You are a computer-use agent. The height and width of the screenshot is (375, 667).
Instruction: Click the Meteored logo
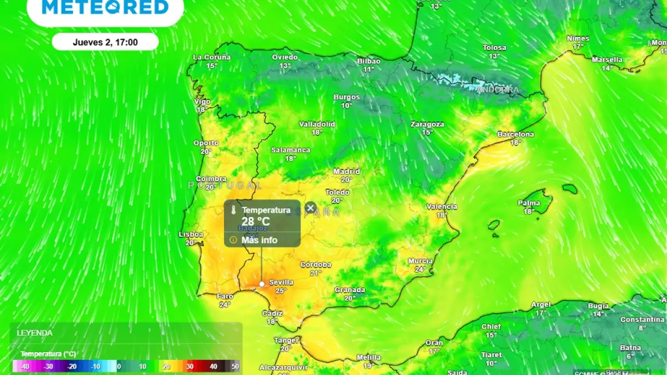pos(105,7)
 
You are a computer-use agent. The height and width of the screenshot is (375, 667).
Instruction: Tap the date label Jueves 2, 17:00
pos(105,42)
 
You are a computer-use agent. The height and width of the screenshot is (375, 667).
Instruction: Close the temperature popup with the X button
pos(311,208)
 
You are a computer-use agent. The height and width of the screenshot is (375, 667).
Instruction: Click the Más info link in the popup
pos(259,240)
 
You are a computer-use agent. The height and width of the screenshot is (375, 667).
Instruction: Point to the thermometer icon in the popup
pos(233,210)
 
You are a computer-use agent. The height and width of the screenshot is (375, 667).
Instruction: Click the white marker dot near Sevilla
pos(262,284)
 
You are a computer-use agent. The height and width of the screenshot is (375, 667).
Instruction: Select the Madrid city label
pos(347,171)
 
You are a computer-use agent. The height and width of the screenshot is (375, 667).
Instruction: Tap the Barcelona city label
pos(515,134)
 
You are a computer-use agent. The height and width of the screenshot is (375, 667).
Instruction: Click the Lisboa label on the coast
pos(191,234)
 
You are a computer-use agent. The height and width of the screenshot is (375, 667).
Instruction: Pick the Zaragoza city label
pos(427,124)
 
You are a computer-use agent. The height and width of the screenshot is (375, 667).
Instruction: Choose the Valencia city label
pos(441,207)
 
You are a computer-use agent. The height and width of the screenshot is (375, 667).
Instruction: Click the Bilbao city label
pos(368,61)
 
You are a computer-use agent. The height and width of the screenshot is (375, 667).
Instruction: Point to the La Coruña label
pos(212,57)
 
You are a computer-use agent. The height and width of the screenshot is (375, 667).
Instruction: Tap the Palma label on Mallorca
pos(529,203)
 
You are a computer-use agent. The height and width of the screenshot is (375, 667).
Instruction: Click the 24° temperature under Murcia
pos(421,269)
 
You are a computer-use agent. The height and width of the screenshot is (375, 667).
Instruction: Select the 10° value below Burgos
pos(347,105)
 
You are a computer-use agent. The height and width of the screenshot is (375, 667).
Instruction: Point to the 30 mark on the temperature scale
pos(190,367)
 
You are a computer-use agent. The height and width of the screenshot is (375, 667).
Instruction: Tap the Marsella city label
pos(607,60)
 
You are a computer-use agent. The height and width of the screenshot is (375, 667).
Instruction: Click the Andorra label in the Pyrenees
pos(498,90)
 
